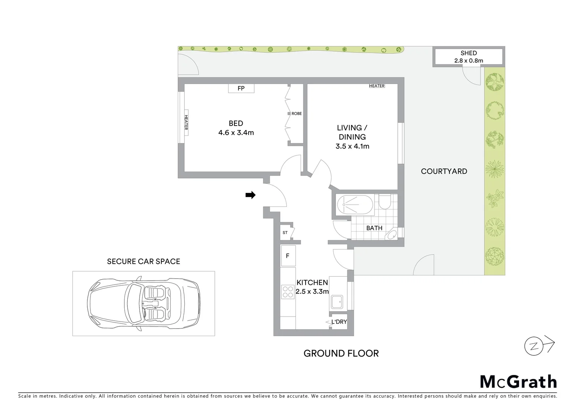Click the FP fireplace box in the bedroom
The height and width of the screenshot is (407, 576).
tap(241, 89)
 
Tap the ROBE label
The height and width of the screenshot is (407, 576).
tap(296, 113)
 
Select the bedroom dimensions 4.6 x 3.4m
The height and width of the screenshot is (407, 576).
tap(236, 133)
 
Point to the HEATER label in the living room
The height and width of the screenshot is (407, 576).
tap(376, 86)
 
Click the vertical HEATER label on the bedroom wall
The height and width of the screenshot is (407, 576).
tap(186, 123)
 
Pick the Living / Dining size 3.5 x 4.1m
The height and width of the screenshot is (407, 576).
tap(352, 146)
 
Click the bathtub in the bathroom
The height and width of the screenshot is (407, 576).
tap(355, 205)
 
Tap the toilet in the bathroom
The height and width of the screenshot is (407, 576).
tap(385, 202)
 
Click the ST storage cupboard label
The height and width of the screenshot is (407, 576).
tap(285, 233)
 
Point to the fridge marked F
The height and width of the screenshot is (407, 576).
tap(288, 256)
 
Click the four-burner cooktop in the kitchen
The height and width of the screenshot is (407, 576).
tap(288, 292)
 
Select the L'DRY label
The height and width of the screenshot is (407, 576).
tap(339, 322)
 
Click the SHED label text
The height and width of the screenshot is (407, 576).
tap(468, 53)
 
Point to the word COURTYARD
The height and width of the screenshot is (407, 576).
tap(444, 171)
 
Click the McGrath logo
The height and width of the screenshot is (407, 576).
tap(518, 382)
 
